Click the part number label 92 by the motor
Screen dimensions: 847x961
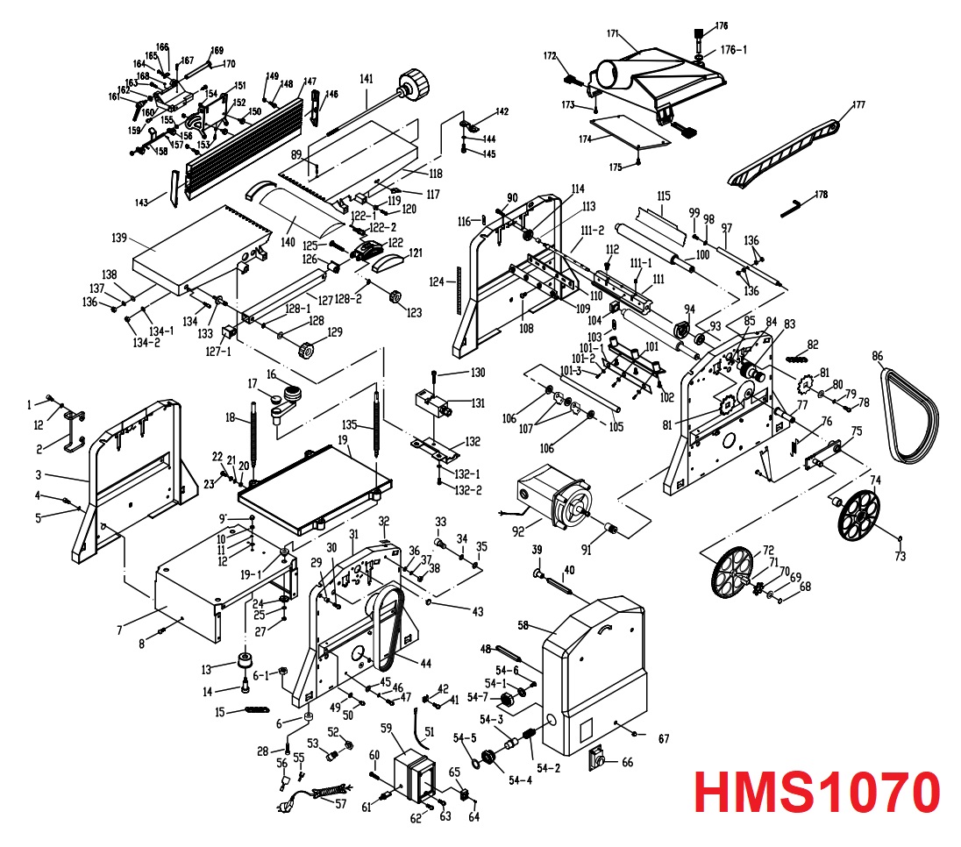click(x=519, y=530)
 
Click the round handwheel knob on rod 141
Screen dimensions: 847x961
click(x=416, y=86)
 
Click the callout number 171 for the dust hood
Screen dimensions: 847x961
click(x=613, y=34)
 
